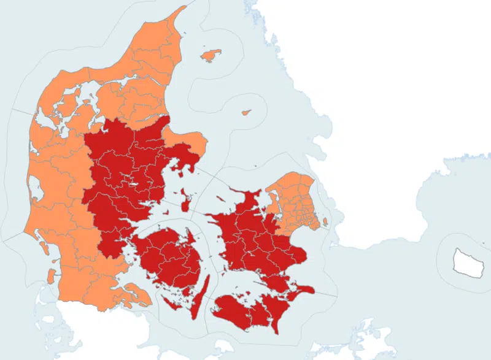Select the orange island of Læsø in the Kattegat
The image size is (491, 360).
pyautogui.click(x=211, y=55)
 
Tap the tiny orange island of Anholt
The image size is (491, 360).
pyautogui.click(x=246, y=113)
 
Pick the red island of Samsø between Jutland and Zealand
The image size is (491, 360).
pyautogui.click(x=185, y=198)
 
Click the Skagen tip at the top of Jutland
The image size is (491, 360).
pyautogui.click(x=184, y=9)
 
